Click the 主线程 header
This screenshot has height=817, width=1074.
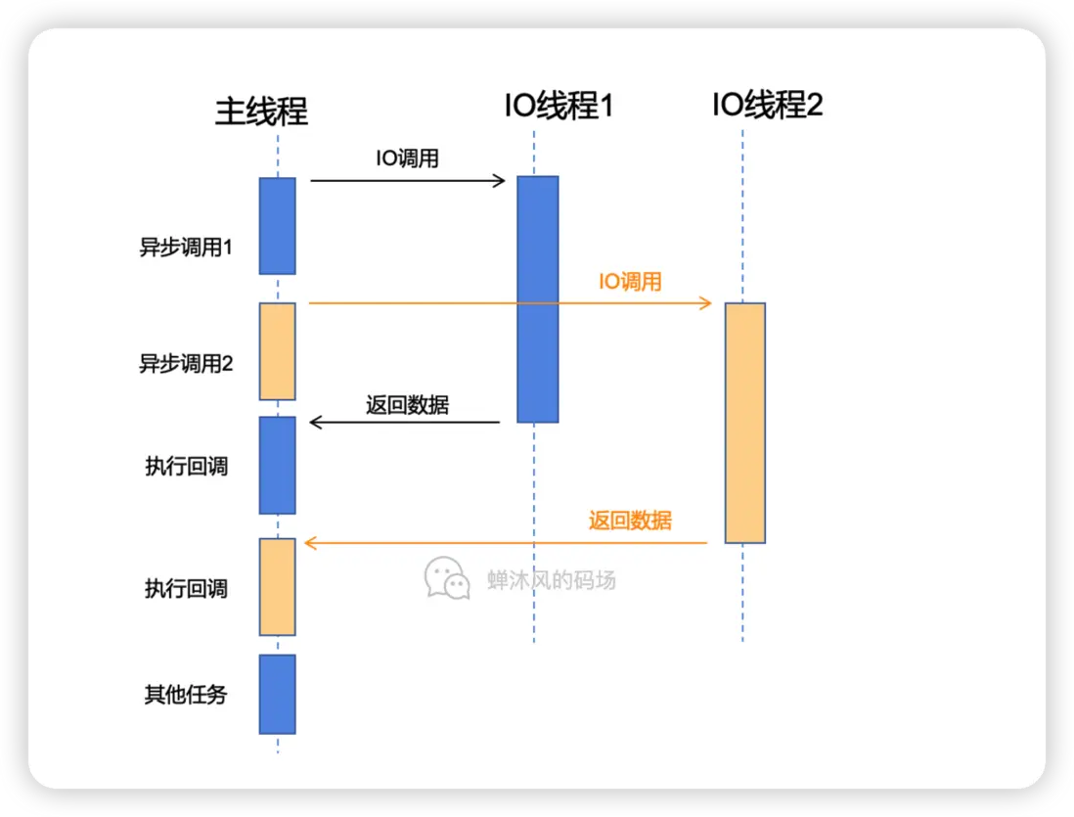click(x=261, y=112)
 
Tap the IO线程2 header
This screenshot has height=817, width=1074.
click(x=767, y=105)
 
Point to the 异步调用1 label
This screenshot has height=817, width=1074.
click(x=186, y=248)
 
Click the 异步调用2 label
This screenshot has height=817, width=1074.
click(x=186, y=364)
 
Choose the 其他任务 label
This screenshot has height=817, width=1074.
click(x=186, y=695)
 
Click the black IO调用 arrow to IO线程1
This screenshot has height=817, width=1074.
click(x=407, y=180)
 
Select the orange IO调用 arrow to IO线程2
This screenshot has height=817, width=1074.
click(x=509, y=304)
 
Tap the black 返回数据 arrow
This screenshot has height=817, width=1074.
click(x=405, y=423)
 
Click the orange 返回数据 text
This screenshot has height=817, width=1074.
click(x=630, y=521)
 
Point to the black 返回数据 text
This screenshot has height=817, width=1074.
click(x=407, y=404)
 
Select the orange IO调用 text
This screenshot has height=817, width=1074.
click(x=630, y=283)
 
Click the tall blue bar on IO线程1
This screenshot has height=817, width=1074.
click(x=538, y=298)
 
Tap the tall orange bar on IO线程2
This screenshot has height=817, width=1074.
click(x=744, y=423)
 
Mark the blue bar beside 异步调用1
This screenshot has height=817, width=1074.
click(x=277, y=226)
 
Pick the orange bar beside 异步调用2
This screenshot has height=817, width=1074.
click(x=277, y=351)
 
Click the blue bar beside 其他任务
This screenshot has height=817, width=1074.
click(x=277, y=694)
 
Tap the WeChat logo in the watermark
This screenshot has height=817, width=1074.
click(x=447, y=578)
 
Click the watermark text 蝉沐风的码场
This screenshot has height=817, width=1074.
click(x=552, y=580)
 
